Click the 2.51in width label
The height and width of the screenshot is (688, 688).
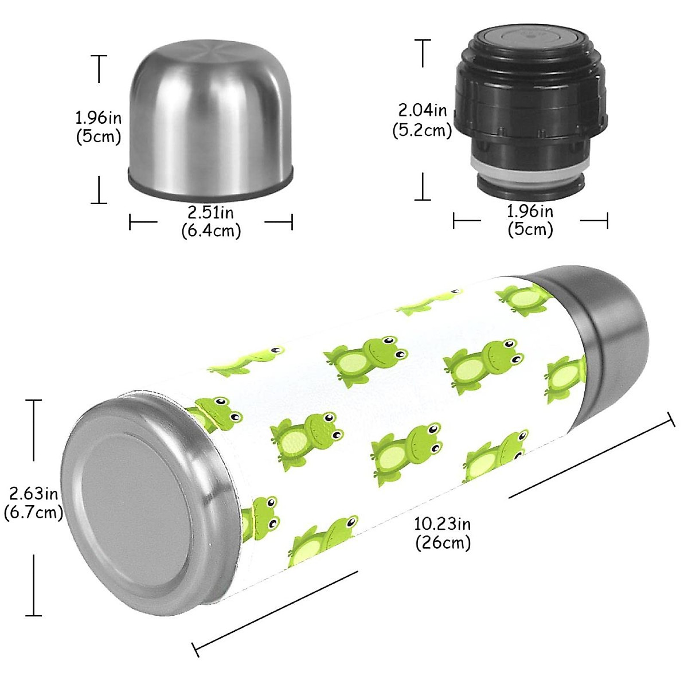click(x=210, y=213)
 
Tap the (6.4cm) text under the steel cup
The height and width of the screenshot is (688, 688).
click(x=210, y=230)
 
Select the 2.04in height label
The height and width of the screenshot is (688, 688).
click(x=423, y=110)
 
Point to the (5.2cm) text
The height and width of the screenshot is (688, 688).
click(x=423, y=130)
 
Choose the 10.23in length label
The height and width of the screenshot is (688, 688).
click(x=443, y=523)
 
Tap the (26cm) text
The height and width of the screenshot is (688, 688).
click(x=443, y=542)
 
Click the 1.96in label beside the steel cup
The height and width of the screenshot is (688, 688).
click(x=99, y=118)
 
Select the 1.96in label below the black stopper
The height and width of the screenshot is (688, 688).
click(x=530, y=212)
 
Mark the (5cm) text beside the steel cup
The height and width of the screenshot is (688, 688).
click(x=99, y=137)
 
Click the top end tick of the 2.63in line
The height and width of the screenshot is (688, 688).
click(x=34, y=401)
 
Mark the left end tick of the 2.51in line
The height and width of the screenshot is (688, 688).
click(x=131, y=222)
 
